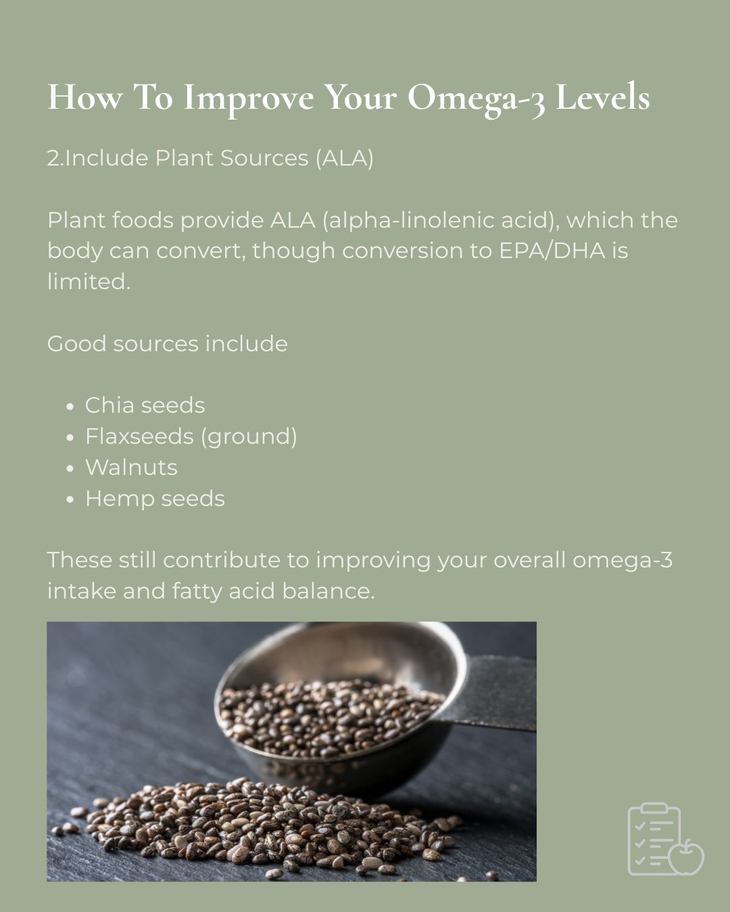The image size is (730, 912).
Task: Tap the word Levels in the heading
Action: [x=602, y=97]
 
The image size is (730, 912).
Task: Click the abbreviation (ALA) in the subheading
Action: [x=345, y=159]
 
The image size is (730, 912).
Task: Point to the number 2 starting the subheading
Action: [x=53, y=158]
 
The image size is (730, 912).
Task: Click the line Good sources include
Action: [x=167, y=343]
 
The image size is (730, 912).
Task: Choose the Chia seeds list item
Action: [x=145, y=405]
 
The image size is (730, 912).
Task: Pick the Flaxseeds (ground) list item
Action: [x=191, y=436]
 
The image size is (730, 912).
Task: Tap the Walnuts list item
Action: [x=132, y=467]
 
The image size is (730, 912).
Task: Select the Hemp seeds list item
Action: [x=155, y=499]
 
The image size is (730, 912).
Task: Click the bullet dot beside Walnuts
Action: [x=70, y=468]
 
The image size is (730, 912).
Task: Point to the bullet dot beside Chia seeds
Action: [x=70, y=407]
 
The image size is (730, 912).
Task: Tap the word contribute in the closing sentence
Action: [x=222, y=560]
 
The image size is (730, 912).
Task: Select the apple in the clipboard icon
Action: [x=686, y=857]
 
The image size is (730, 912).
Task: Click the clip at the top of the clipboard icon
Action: [x=654, y=808]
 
